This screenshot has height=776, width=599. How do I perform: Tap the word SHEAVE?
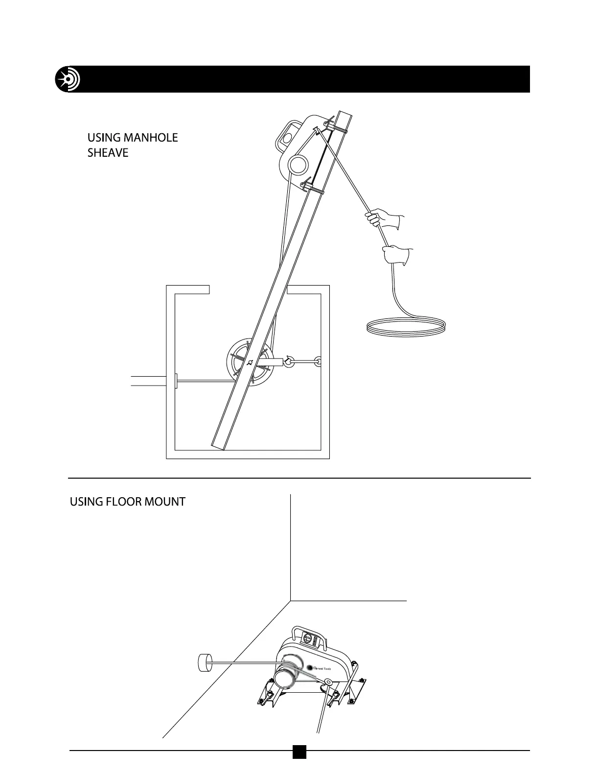click(108, 153)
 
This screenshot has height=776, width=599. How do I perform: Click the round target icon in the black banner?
click(68, 79)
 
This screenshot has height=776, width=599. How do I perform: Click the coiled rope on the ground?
click(406, 327)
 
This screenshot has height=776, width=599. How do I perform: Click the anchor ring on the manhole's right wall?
click(319, 362)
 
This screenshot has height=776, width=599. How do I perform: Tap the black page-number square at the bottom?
click(299, 765)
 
